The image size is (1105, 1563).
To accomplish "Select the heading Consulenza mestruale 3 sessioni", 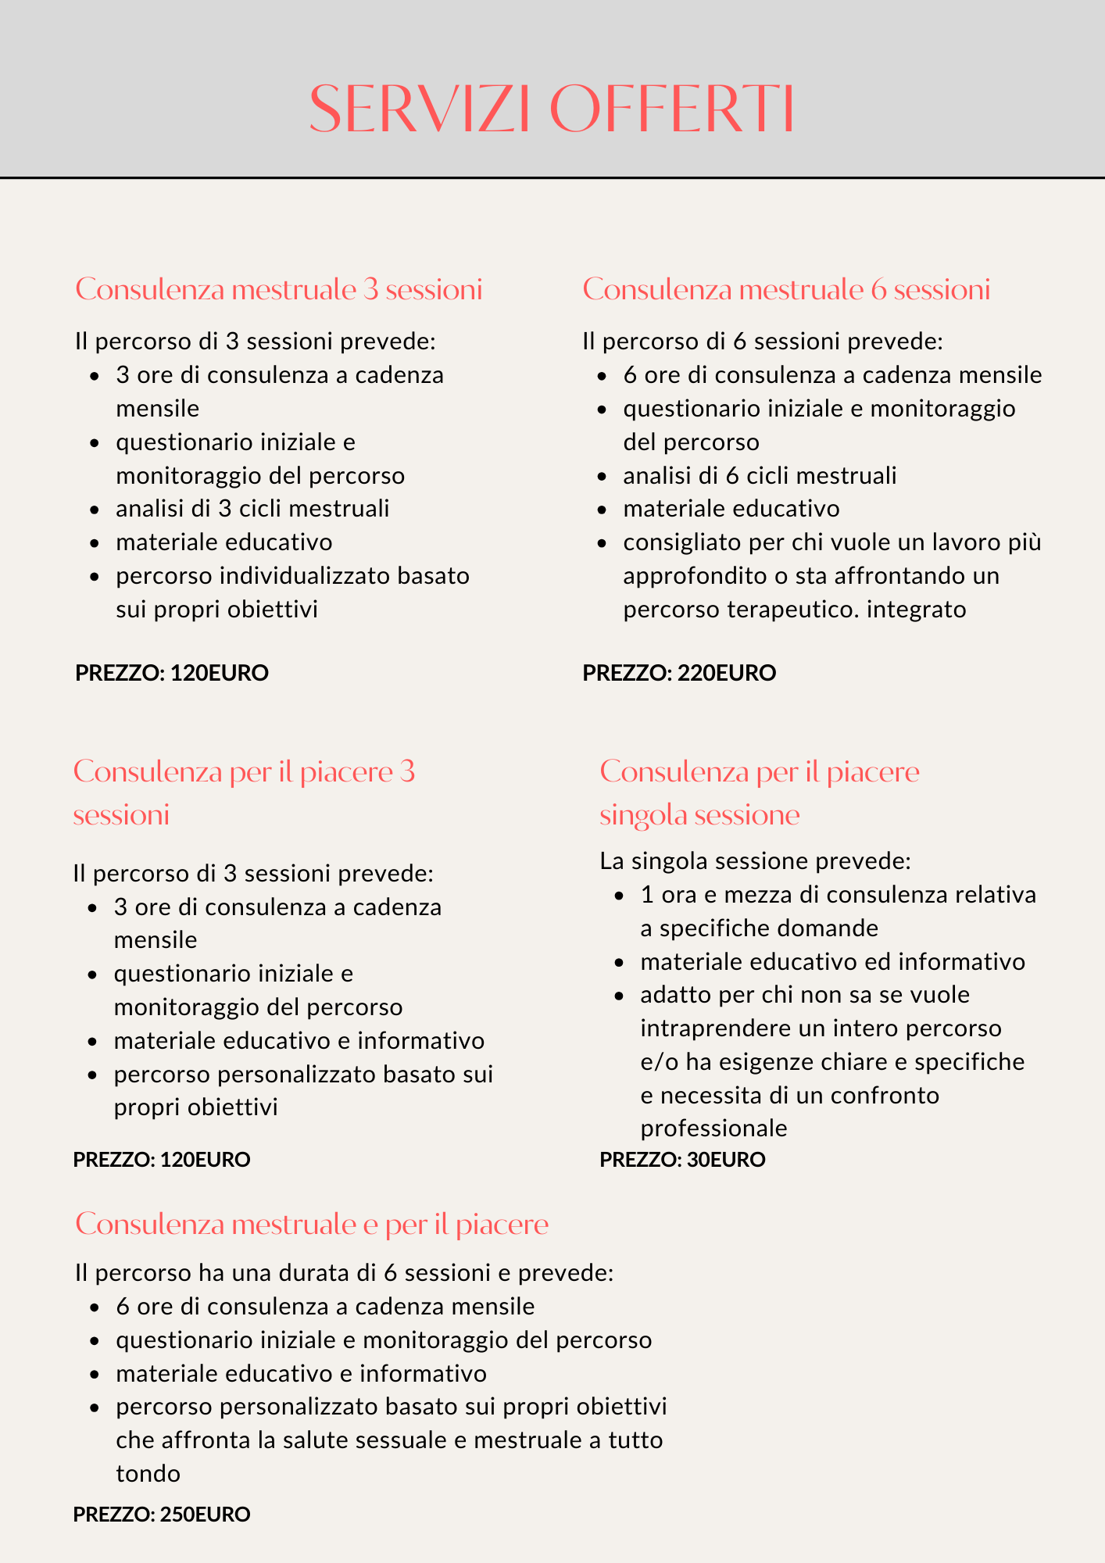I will tap(278, 290).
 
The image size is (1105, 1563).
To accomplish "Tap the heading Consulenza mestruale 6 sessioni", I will tap(786, 290).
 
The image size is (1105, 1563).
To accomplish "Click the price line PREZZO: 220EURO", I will tap(679, 673).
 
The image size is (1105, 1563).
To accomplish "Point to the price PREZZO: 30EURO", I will tap(682, 1160).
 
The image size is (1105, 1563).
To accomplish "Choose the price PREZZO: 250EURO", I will tap(162, 1515).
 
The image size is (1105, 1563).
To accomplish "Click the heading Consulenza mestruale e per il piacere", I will tap(312, 1224).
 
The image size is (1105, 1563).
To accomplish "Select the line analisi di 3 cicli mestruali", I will tap(252, 509).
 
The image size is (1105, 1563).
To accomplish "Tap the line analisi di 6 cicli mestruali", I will tap(760, 475).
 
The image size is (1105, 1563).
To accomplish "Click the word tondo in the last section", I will tap(148, 1474).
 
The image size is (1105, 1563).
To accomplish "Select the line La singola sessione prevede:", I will tap(755, 861).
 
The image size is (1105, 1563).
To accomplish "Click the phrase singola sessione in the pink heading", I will tap(699, 815).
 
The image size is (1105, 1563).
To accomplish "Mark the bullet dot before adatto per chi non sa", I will tap(620, 996).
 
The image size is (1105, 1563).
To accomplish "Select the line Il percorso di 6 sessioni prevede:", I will tap(763, 342).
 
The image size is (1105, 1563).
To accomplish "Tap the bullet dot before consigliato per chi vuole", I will tap(602, 543).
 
